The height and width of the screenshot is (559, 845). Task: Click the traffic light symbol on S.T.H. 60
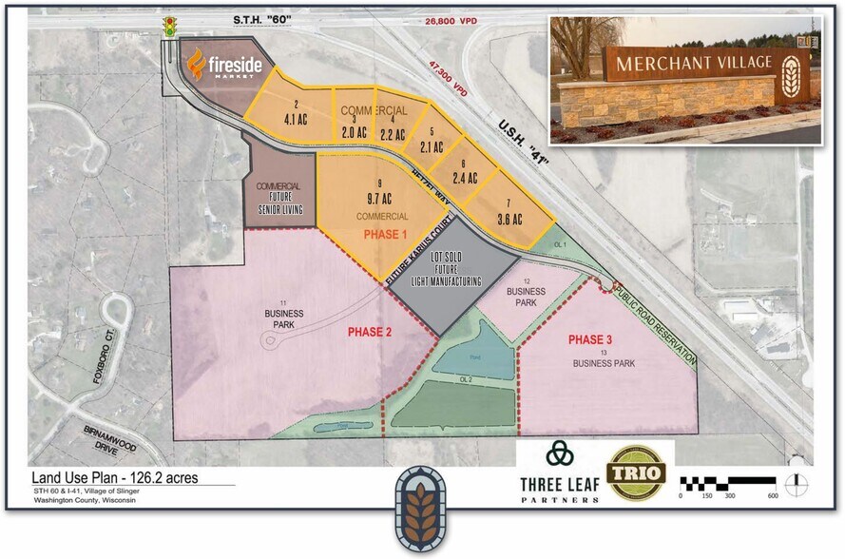(171, 28)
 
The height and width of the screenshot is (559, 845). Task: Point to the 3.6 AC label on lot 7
(510, 220)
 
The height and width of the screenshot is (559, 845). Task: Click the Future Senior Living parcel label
(278, 197)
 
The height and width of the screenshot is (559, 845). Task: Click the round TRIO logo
(636, 472)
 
